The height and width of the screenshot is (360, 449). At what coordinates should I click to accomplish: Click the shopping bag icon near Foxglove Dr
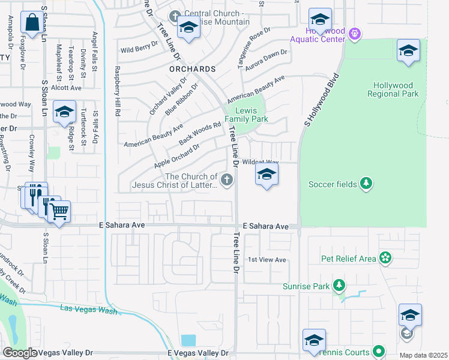pos(31,23)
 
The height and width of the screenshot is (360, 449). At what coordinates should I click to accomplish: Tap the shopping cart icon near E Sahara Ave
pos(58,211)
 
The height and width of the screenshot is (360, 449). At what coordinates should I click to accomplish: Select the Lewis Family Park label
pos(246,115)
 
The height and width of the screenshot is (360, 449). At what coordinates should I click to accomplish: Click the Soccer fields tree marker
pos(366,184)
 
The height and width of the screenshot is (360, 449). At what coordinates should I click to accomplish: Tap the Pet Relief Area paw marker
pos(385,259)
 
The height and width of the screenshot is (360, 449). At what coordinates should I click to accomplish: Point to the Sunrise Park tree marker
pos(340,286)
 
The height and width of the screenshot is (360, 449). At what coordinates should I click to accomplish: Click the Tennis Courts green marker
pos(379,352)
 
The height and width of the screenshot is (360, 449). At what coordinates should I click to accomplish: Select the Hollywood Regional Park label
pos(396,90)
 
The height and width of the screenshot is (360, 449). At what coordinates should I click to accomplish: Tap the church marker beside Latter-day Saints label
pos(227,180)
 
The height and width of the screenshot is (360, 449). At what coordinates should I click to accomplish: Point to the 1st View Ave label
pos(267,260)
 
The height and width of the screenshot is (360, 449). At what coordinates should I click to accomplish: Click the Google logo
pos(20,353)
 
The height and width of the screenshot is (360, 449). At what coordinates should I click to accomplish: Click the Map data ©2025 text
pos(423,355)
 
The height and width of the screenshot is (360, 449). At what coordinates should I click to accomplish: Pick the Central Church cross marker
pos(175,15)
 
